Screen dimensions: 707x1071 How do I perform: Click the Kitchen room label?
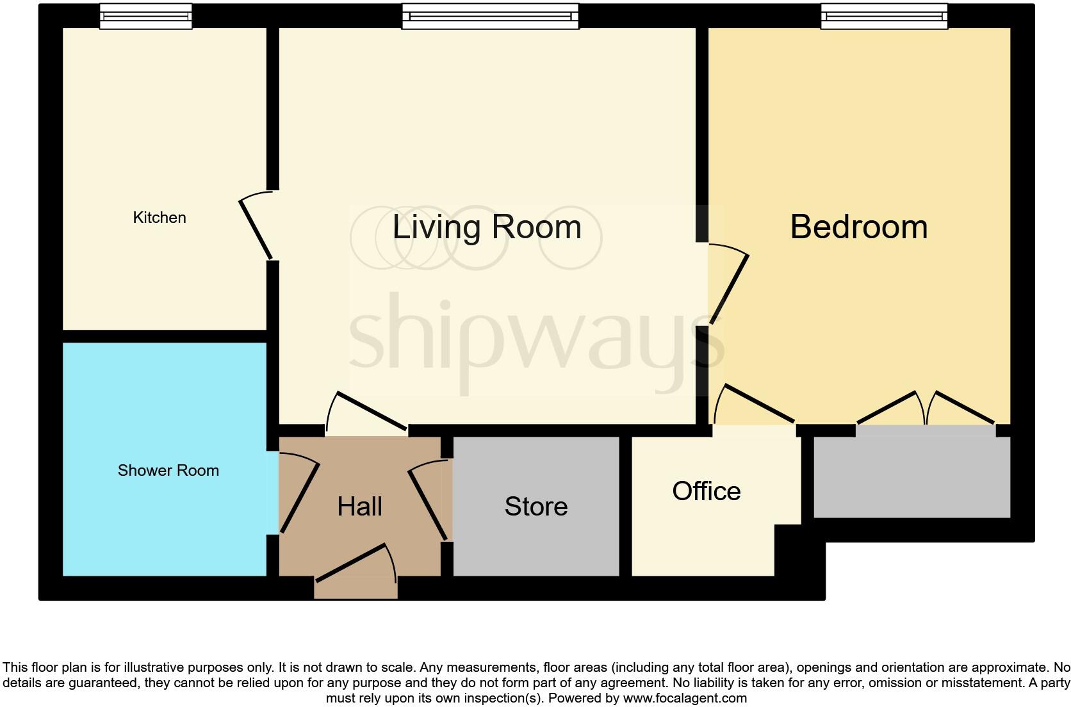click(159, 218)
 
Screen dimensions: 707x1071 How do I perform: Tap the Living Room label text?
click(487, 227)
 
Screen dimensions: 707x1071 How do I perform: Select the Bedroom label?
click(859, 227)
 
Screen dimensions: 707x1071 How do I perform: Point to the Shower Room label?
click(168, 471)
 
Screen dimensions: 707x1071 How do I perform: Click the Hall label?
click(360, 507)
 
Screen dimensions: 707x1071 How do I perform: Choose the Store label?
click(536, 507)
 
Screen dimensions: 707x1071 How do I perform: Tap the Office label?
click(707, 491)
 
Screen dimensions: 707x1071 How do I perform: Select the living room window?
click(490, 16)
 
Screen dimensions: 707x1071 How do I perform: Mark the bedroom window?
click(884, 16)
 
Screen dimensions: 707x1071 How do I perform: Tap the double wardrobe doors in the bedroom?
click(926, 407)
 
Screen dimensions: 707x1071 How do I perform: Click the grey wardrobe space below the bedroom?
click(912, 477)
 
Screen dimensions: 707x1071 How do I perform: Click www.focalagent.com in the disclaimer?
click(685, 698)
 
